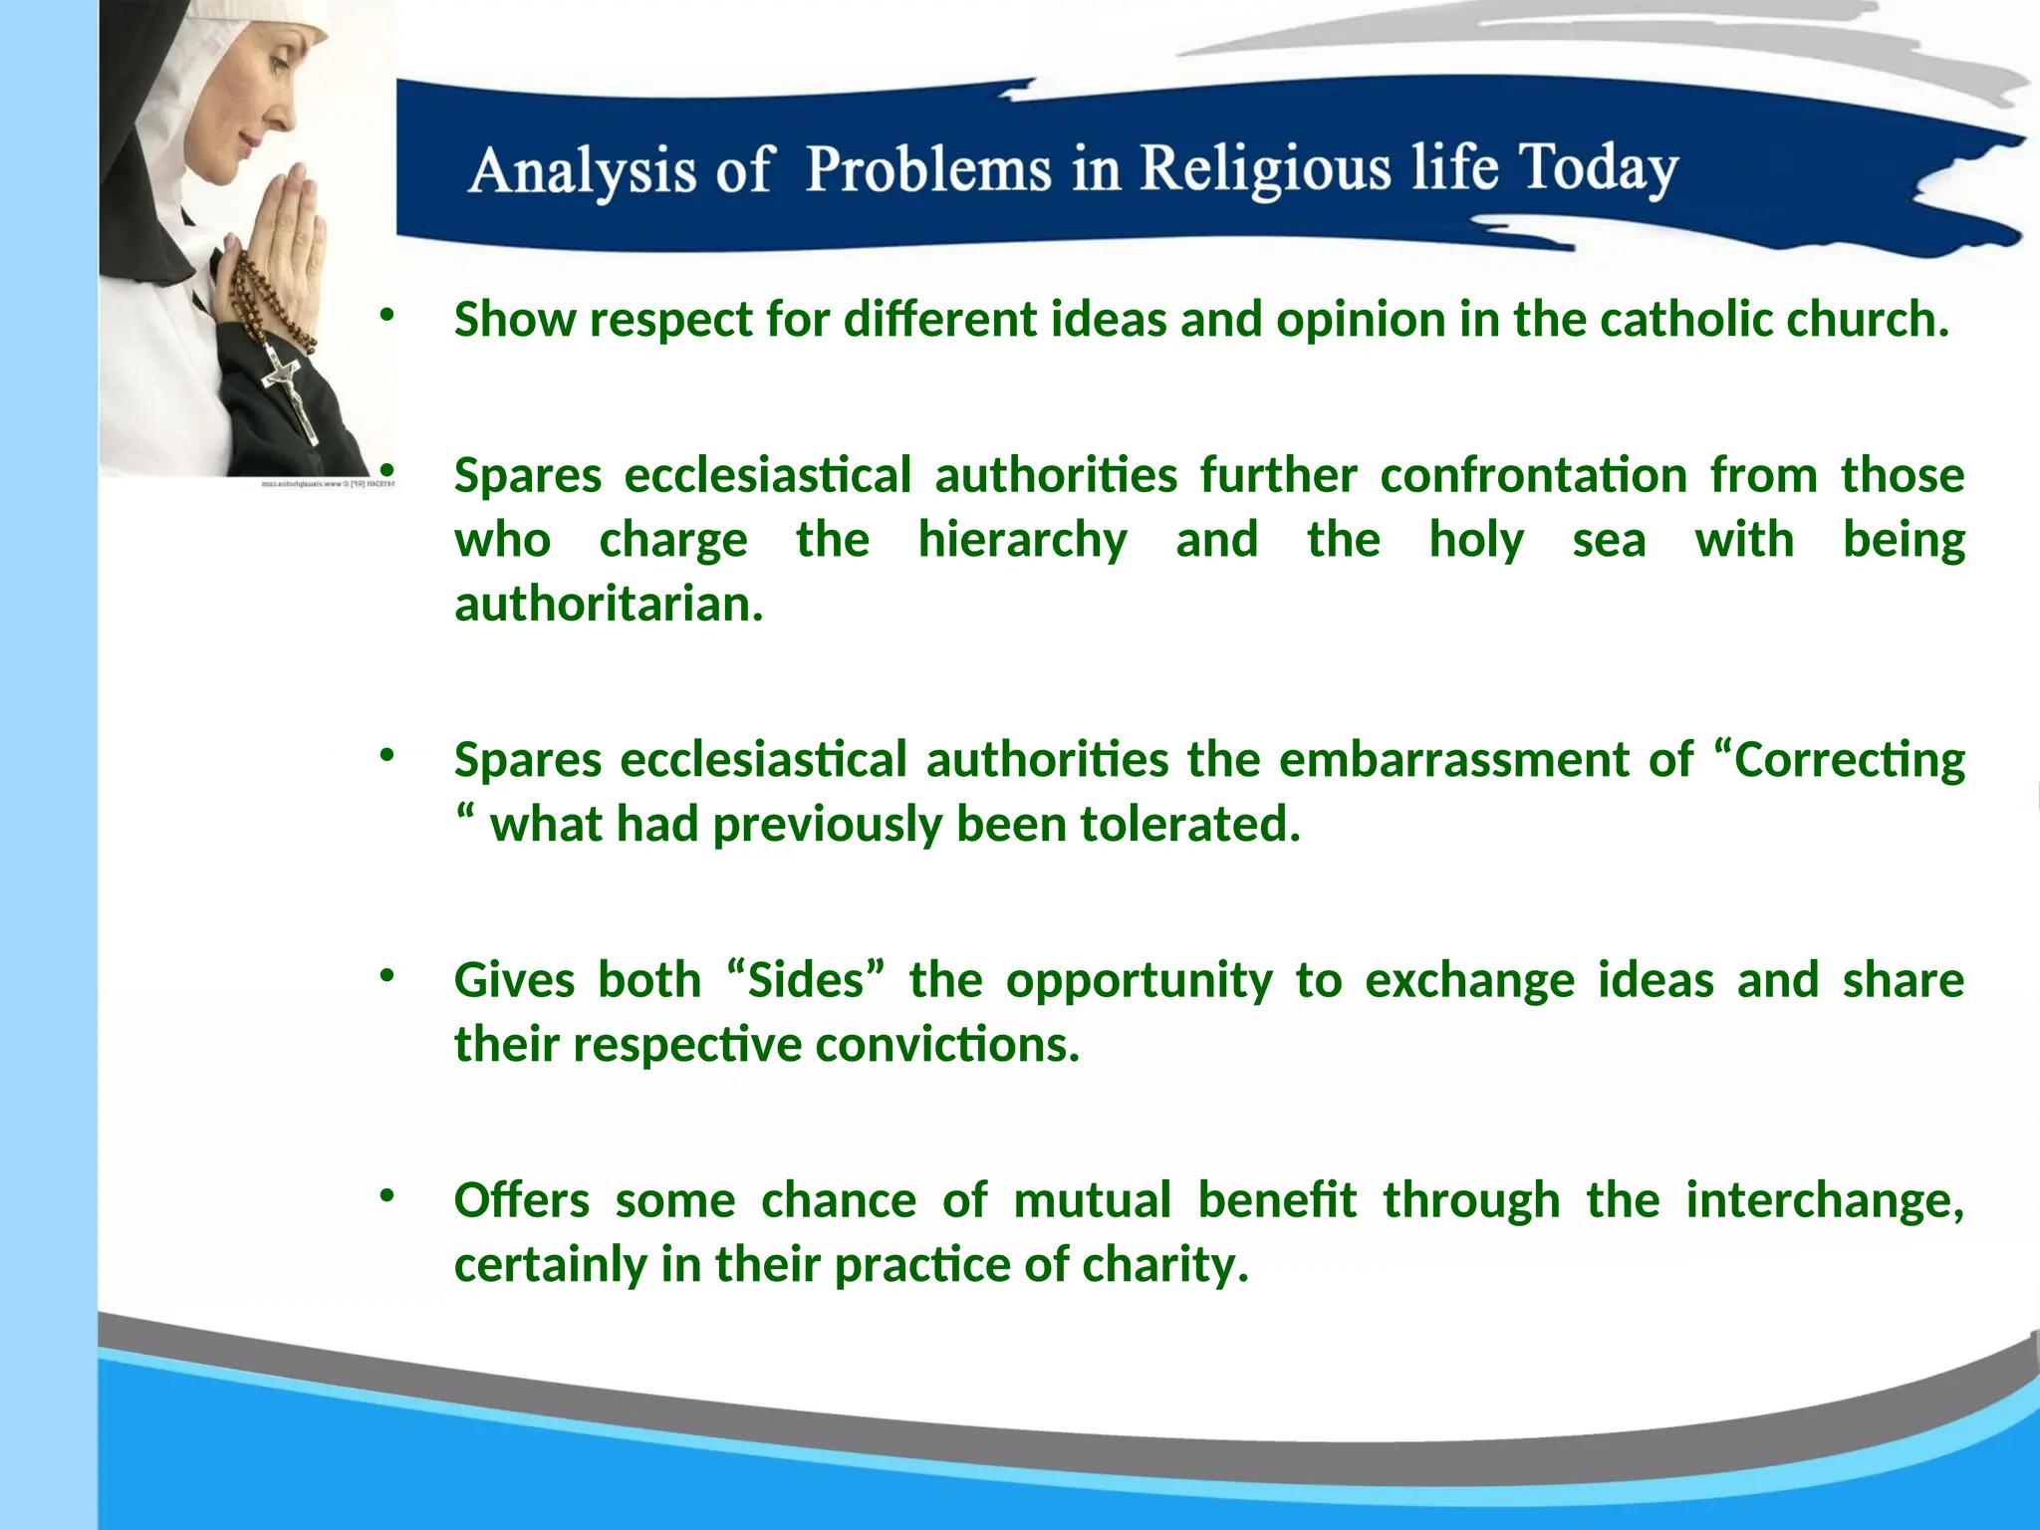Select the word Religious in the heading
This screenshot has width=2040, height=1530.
click(x=1266, y=168)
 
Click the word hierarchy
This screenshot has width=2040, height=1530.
click(x=1022, y=540)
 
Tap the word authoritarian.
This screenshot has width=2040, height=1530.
click(x=609, y=605)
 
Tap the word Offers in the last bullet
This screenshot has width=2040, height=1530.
click(x=521, y=1200)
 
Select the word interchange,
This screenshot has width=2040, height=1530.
click(x=1824, y=1200)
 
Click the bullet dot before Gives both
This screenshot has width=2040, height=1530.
click(x=387, y=974)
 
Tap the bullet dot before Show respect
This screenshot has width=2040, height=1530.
click(x=387, y=315)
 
